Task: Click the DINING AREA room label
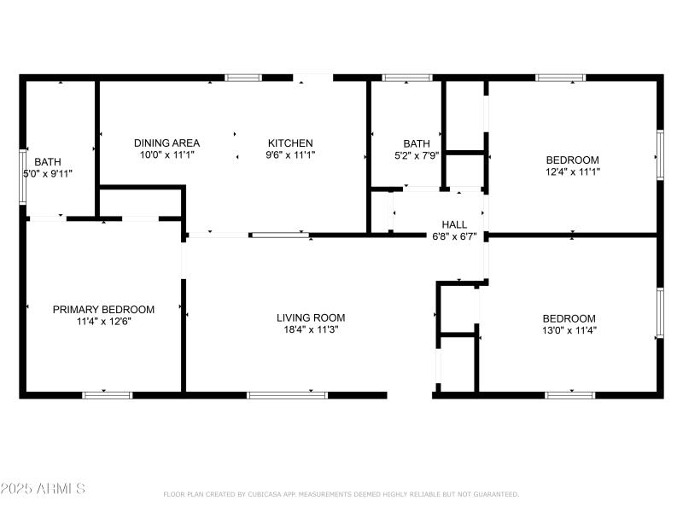click(x=167, y=143)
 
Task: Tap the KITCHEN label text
click(x=290, y=143)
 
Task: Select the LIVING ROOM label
click(x=311, y=317)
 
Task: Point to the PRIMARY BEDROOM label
click(x=103, y=309)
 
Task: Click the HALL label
click(x=453, y=224)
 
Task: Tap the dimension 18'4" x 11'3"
click(x=311, y=329)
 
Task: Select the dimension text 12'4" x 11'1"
click(x=572, y=172)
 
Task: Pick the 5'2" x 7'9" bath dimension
click(x=417, y=155)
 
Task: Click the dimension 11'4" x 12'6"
click(x=103, y=322)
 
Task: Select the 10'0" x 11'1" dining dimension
click(x=167, y=155)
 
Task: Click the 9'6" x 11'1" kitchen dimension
click(x=290, y=155)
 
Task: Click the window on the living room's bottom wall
click(x=287, y=394)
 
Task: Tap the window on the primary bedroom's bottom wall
click(x=107, y=394)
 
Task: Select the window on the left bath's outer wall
click(x=23, y=177)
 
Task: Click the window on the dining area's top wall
click(x=243, y=78)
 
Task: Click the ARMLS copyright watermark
click(x=43, y=489)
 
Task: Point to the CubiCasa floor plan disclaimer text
click(x=341, y=494)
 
